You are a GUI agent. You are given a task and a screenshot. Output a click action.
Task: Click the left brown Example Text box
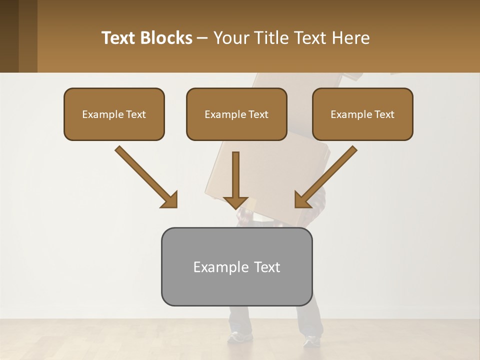114,114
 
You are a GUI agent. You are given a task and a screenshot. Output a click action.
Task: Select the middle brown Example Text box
236,114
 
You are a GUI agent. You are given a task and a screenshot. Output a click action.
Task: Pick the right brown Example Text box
362,114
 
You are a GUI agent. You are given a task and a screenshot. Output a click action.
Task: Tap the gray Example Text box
236,266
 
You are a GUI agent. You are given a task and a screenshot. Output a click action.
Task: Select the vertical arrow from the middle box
235,180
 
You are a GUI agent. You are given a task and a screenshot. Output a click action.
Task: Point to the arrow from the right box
326,176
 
